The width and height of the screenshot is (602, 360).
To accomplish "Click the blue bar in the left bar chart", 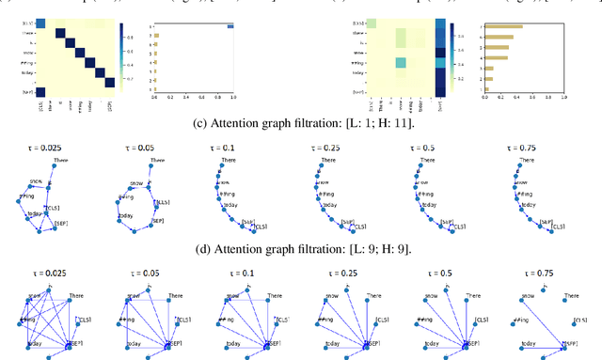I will click(229, 26).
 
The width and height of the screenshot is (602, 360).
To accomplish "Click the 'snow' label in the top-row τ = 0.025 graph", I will click(35, 180).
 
